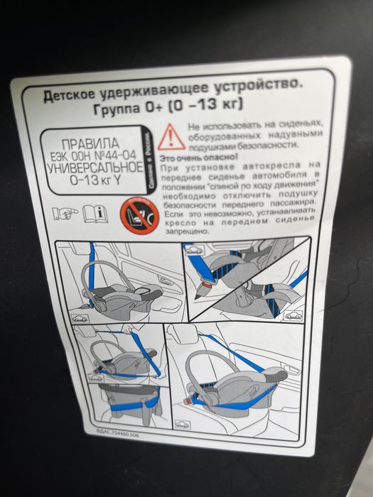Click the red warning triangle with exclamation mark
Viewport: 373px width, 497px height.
coord(171,135)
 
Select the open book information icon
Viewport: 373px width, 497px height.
coord(94,212)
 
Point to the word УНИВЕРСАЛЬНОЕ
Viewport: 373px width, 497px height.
coord(90,169)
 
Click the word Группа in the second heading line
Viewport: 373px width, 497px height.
coord(119,109)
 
